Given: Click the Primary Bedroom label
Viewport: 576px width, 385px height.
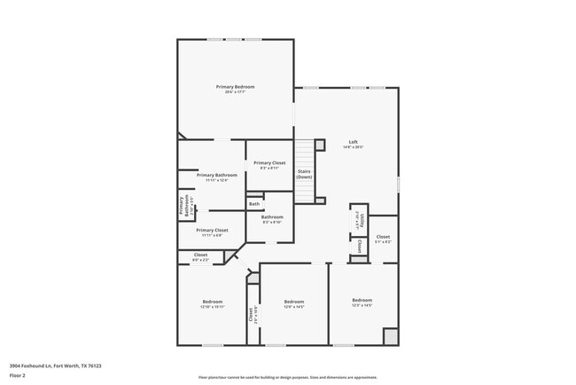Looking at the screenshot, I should (235, 88).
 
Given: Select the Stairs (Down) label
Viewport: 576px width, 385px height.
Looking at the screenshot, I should (304, 174).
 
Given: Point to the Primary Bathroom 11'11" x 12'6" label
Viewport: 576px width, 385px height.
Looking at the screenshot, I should (216, 177).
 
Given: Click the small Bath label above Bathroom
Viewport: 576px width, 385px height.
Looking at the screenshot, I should (254, 204).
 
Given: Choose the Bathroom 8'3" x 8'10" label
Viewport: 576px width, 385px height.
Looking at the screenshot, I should (271, 220).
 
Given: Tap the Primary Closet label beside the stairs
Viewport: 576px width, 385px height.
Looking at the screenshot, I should (269, 165).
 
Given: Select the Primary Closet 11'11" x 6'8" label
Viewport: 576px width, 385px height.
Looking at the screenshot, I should (212, 232).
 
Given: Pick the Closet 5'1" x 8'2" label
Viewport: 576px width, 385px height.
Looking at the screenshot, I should (383, 240).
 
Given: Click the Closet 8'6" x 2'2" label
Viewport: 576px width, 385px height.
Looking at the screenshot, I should (200, 257).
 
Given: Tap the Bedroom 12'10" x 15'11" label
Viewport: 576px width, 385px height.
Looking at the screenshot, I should (213, 304).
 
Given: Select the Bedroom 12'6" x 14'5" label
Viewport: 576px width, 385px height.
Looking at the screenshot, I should (293, 304).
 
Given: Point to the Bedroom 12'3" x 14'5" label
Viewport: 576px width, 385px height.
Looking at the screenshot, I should (362, 302).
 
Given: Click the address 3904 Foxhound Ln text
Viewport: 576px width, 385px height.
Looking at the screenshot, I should (55, 365).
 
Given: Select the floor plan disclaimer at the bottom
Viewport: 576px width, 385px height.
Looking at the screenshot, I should (287, 377).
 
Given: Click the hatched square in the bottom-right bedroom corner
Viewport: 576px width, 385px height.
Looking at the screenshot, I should (390, 337).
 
